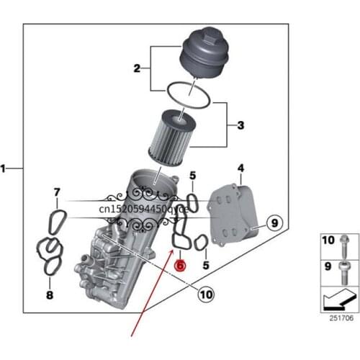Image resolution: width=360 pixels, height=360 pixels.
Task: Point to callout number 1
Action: pyautogui.click(x=5, y=168)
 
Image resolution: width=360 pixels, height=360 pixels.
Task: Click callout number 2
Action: pyautogui.click(x=136, y=68)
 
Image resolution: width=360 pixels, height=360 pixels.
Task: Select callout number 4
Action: pyautogui.click(x=240, y=168)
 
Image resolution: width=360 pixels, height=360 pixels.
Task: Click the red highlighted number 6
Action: pyautogui.click(x=180, y=264)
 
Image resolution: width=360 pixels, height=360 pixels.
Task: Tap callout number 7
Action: pyautogui.click(x=57, y=192)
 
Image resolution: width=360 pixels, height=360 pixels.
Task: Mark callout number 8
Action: pyautogui.click(x=49, y=295)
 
